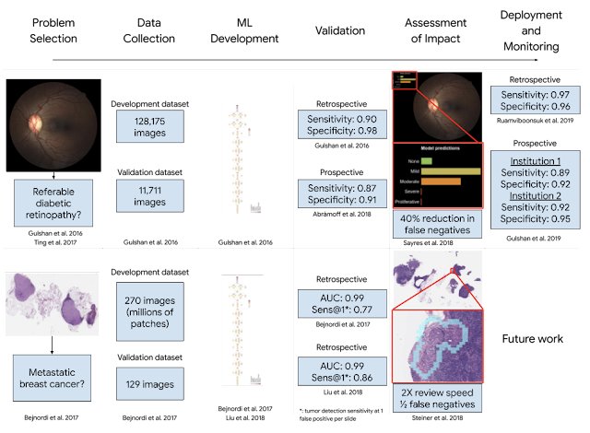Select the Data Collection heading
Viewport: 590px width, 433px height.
144,28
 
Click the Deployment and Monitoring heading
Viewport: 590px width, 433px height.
538,28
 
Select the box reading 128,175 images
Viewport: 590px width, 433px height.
144,125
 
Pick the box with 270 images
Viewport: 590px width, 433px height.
144,303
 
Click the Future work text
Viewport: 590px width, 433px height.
538,337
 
